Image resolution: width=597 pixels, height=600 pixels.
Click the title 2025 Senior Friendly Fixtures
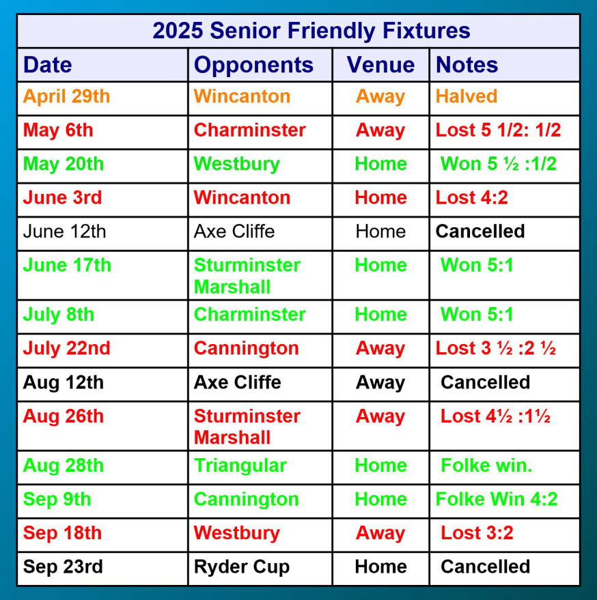[311, 31]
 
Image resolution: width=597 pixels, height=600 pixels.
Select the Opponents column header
[253, 66]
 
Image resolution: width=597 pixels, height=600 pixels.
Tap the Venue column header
[380, 65]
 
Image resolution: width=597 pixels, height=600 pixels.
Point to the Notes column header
[467, 65]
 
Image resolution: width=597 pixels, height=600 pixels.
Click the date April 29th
[67, 96]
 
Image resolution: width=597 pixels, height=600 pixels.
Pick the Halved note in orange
[467, 96]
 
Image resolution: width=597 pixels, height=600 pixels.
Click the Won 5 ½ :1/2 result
[499, 164]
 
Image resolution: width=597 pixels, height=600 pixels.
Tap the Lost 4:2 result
[472, 198]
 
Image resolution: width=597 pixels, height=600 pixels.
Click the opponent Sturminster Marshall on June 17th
[247, 276]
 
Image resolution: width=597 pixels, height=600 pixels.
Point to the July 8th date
[59, 315]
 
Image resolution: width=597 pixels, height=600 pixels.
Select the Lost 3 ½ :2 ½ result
[496, 348]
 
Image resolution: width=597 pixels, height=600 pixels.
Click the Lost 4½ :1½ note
[496, 416]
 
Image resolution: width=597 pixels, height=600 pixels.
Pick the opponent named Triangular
[240, 466]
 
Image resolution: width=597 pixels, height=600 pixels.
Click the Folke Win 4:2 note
[497, 500]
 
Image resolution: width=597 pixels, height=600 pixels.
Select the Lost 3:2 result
[477, 533]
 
